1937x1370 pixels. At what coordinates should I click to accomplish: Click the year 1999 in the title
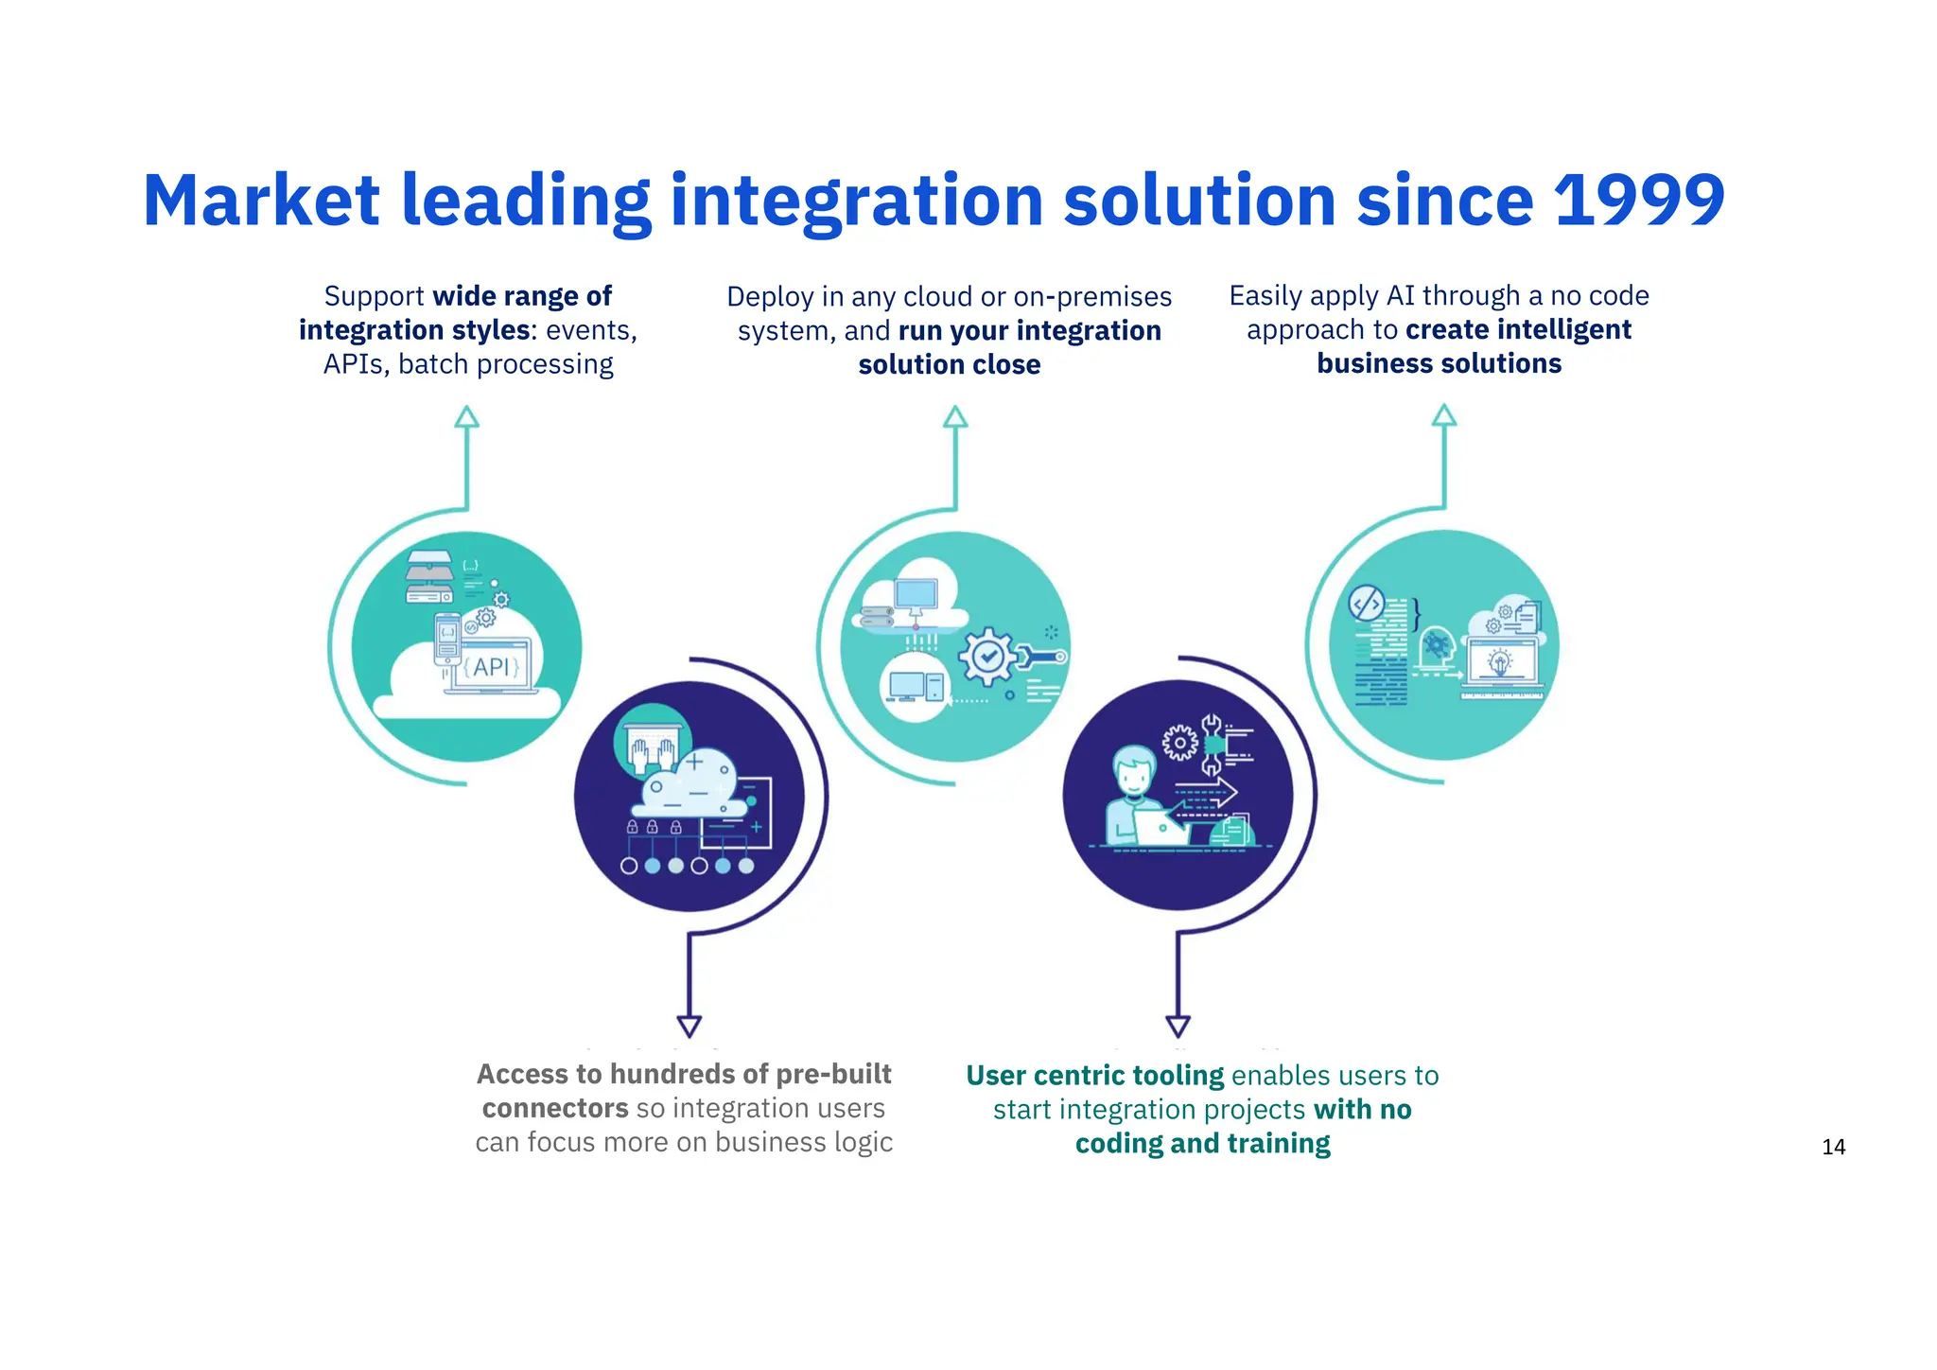pyautogui.click(x=1638, y=201)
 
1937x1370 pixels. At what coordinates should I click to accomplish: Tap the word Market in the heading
pyautogui.click(x=261, y=201)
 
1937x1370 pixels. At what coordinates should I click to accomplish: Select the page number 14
pyautogui.click(x=1833, y=1147)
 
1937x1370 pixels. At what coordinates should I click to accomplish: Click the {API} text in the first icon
pyautogui.click(x=491, y=667)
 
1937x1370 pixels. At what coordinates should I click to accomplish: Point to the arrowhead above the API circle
pyautogui.click(x=466, y=417)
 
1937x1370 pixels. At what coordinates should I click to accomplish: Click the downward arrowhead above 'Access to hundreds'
pyautogui.click(x=689, y=1026)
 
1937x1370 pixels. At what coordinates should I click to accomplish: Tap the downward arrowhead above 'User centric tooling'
pyautogui.click(x=1178, y=1026)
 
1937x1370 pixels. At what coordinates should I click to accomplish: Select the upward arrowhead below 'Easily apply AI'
pyautogui.click(x=1443, y=415)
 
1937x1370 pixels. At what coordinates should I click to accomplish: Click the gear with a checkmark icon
pyautogui.click(x=988, y=655)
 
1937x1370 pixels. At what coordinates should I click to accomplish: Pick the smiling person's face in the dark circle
pyautogui.click(x=1133, y=773)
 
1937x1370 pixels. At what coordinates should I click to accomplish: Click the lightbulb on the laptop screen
pyautogui.click(x=1500, y=660)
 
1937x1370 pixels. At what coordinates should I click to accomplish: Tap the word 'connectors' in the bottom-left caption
pyautogui.click(x=555, y=1108)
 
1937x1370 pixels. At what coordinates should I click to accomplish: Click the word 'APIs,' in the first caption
pyautogui.click(x=357, y=364)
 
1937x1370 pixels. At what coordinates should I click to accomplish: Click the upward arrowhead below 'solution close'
pyautogui.click(x=955, y=417)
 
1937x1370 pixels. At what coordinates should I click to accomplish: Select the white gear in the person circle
pyautogui.click(x=1179, y=743)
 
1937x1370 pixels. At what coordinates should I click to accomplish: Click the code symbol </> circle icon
pyautogui.click(x=1366, y=603)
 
